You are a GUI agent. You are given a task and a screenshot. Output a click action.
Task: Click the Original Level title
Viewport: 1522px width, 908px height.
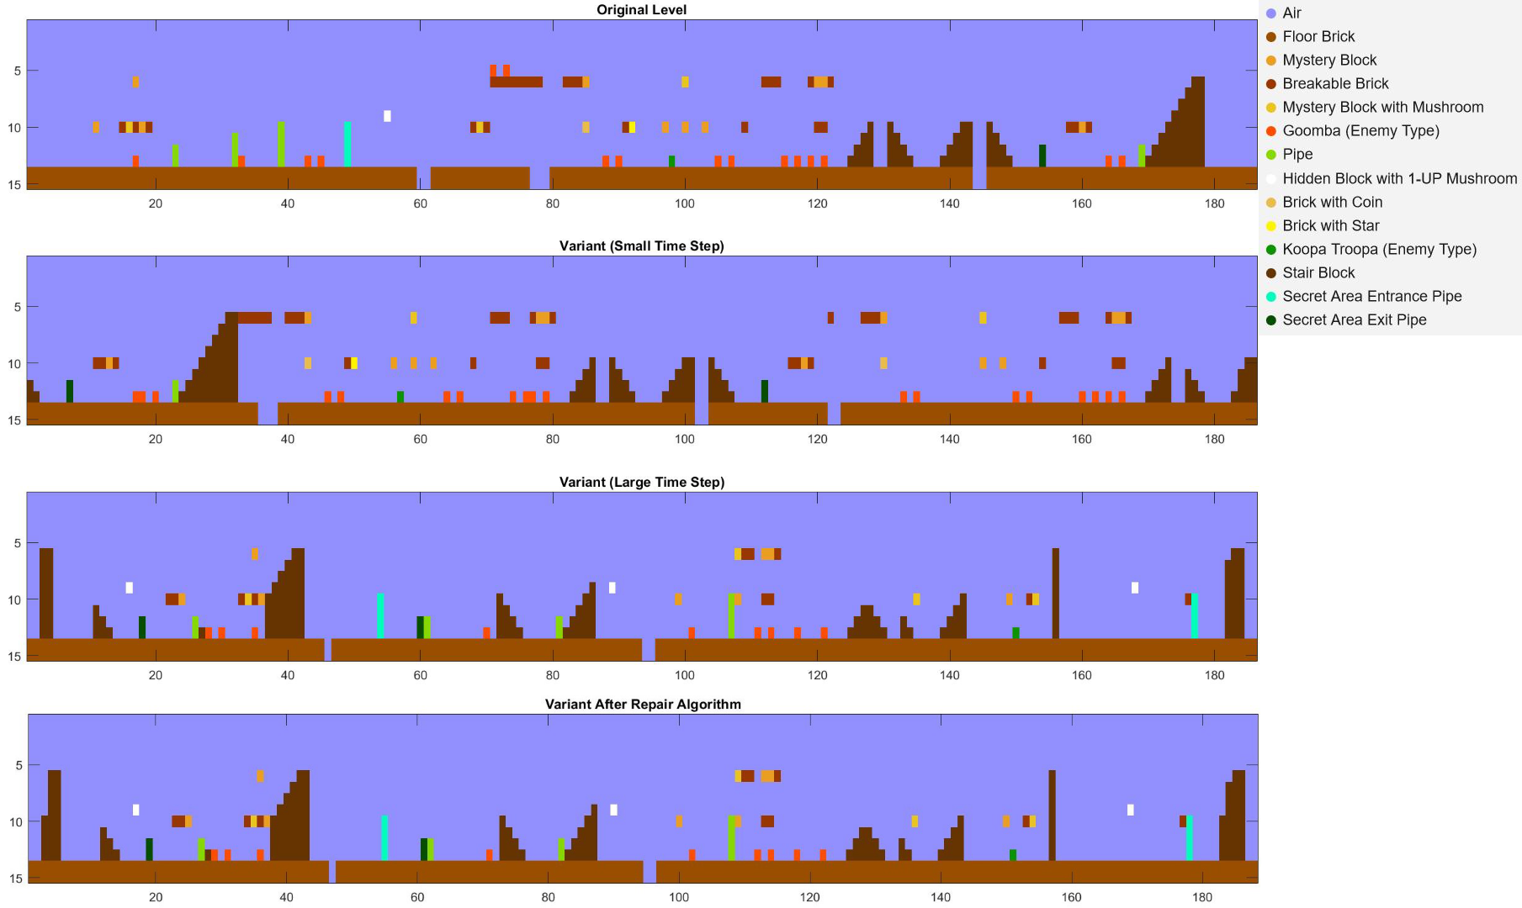coord(641,10)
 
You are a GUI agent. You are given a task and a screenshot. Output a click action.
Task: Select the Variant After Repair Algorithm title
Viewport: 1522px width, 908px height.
coord(643,705)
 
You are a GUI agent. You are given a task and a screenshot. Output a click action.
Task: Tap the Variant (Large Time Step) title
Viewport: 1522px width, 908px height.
coord(641,483)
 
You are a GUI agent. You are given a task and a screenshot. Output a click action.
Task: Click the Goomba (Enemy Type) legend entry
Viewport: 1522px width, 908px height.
coord(1360,131)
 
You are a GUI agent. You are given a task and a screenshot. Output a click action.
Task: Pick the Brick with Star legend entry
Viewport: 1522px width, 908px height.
coord(1330,225)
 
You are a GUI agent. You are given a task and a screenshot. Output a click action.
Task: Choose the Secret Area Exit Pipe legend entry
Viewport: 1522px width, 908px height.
coord(1354,319)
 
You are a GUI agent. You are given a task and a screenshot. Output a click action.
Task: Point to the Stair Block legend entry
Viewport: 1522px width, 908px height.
coord(1318,272)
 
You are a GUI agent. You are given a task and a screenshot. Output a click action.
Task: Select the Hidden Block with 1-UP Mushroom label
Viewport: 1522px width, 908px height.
coord(1399,178)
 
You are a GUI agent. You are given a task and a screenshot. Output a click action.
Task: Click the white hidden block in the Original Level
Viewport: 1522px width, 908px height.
coord(387,116)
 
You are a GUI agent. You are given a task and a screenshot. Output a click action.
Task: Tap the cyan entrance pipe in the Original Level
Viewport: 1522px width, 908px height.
coord(347,144)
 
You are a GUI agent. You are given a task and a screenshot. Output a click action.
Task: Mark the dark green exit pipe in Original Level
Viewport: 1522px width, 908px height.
coord(1042,156)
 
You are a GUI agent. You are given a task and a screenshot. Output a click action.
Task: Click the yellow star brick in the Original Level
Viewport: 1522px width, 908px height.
coord(632,128)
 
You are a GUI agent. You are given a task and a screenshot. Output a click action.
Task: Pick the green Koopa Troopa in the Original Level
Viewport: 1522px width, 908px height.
coord(671,161)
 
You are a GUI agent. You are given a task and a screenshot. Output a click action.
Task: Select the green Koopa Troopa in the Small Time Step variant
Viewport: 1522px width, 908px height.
coord(400,397)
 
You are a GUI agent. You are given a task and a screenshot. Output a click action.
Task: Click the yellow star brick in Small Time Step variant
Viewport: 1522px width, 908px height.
coord(354,363)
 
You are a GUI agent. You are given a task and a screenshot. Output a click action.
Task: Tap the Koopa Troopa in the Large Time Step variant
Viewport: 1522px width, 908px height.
coord(1016,632)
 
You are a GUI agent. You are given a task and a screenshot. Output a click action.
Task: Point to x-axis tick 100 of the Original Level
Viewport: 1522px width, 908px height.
coord(685,203)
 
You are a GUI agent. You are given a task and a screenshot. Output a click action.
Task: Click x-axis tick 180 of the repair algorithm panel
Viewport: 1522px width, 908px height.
coord(1202,897)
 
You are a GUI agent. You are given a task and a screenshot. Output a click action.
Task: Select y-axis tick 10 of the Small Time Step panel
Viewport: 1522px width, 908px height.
coord(14,364)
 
